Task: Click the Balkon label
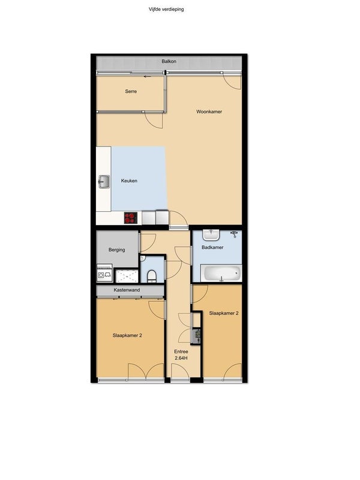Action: point(169,62)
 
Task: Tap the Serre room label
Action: point(131,91)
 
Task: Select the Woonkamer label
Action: point(209,112)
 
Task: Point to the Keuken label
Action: point(129,181)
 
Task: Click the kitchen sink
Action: point(104,182)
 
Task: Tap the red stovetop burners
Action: point(131,218)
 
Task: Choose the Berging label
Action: point(116,250)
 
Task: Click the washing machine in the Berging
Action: point(104,274)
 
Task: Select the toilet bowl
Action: point(152,276)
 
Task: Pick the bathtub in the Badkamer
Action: point(221,273)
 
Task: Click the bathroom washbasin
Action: point(211,235)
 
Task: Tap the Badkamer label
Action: point(212,247)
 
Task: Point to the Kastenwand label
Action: point(127,290)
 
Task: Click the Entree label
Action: point(181,352)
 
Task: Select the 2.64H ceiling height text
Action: point(181,358)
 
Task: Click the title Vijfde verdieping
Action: point(166,9)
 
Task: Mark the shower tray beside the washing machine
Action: point(127,276)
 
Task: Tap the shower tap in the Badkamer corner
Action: point(235,234)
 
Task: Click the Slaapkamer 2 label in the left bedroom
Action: point(127,335)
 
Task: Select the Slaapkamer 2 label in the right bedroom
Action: point(224,313)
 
